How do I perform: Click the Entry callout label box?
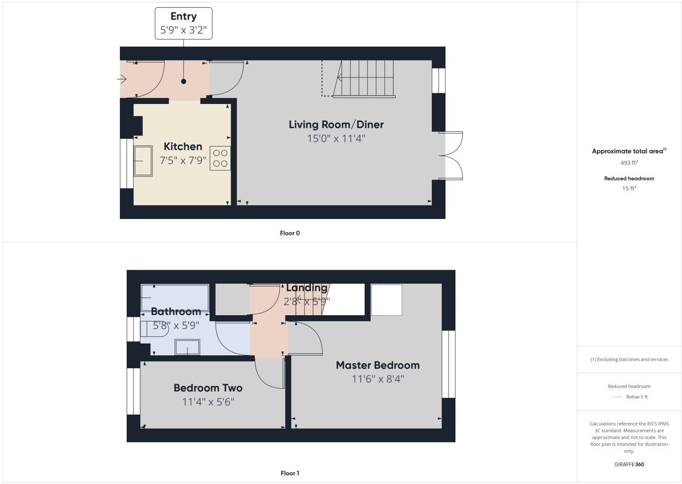click(x=183, y=23)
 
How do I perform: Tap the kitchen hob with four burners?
click(x=220, y=158)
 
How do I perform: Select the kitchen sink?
click(x=143, y=161)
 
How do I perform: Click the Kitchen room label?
click(x=183, y=146)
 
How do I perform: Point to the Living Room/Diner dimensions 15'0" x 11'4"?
click(x=336, y=138)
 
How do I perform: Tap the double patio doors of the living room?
click(x=453, y=156)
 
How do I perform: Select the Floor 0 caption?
click(x=289, y=233)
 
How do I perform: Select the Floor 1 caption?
click(x=289, y=473)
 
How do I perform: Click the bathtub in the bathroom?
click(x=175, y=297)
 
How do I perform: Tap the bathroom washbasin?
click(x=187, y=348)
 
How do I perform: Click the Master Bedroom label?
click(x=377, y=365)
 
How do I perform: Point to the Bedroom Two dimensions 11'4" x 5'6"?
click(x=208, y=402)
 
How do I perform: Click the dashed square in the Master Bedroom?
click(x=387, y=300)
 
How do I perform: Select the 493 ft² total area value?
click(x=629, y=163)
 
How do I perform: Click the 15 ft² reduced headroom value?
click(x=629, y=188)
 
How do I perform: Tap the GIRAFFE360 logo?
click(x=629, y=464)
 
